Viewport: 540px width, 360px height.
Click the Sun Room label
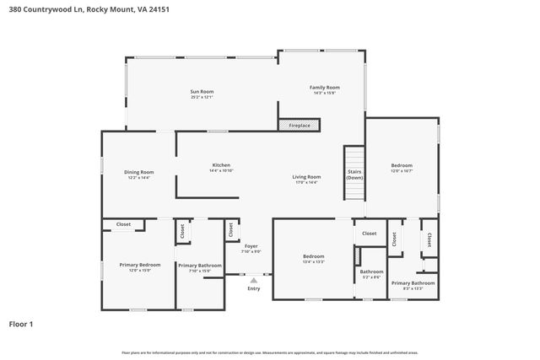pyautogui.click(x=201, y=92)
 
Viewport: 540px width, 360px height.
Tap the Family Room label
pyautogui.click(x=324, y=89)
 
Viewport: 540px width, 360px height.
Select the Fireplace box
pyautogui.click(x=299, y=126)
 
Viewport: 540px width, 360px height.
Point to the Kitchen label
pyautogui.click(x=221, y=165)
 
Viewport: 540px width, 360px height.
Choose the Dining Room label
pyautogui.click(x=139, y=173)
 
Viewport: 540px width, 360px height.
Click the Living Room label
pyautogui.click(x=306, y=177)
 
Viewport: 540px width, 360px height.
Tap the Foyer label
pyautogui.click(x=251, y=246)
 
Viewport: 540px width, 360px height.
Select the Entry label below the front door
pyautogui.click(x=253, y=288)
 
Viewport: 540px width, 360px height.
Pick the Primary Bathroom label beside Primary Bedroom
pyautogui.click(x=200, y=266)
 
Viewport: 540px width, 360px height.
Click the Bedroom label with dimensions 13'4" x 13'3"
pyautogui.click(x=314, y=257)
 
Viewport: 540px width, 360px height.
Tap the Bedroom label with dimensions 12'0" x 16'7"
pyautogui.click(x=402, y=166)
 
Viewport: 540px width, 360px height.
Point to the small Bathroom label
pyautogui.click(x=371, y=271)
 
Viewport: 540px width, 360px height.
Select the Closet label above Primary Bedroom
pyautogui.click(x=123, y=224)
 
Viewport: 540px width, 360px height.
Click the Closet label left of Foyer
pyautogui.click(x=230, y=227)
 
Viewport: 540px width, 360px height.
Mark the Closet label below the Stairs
pyautogui.click(x=370, y=234)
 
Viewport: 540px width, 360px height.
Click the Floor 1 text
pyautogui.click(x=22, y=323)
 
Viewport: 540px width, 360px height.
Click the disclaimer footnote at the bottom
pyautogui.click(x=270, y=352)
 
